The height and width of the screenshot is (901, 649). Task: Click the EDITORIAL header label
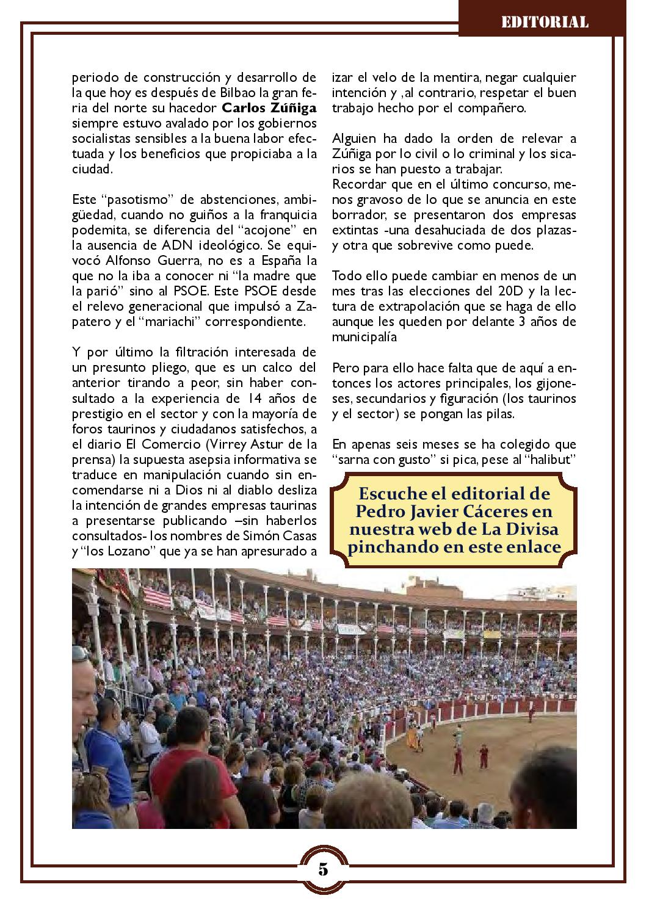(x=545, y=23)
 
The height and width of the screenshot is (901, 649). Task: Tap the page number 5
(x=324, y=869)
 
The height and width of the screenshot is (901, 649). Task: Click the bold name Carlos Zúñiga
(x=269, y=109)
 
